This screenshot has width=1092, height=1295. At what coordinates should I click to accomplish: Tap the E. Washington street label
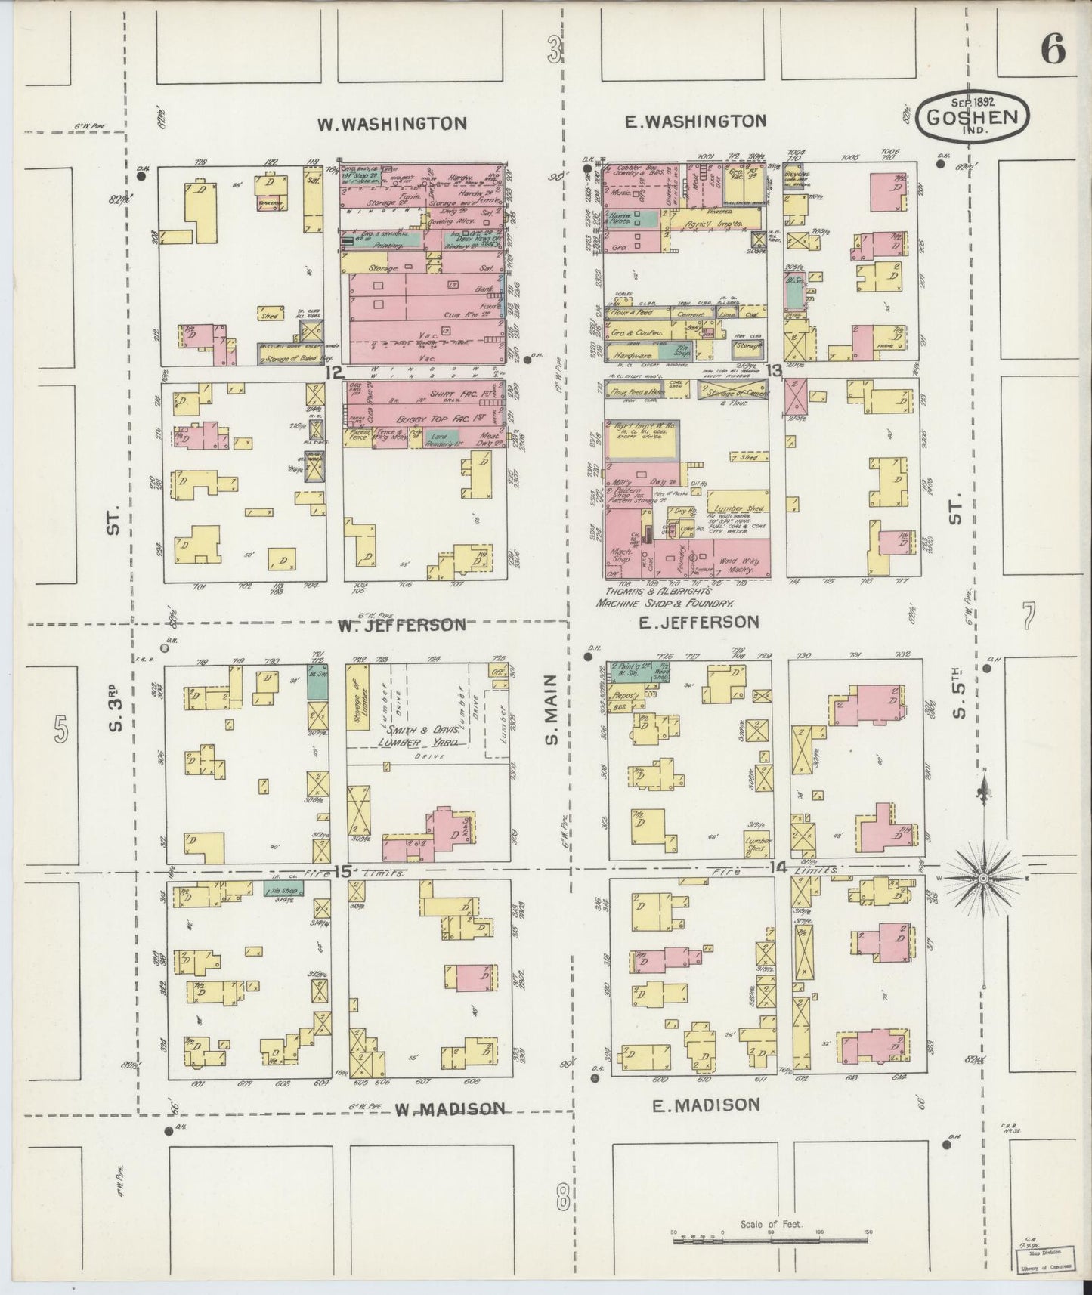(697, 121)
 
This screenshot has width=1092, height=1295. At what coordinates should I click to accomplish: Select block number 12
(334, 372)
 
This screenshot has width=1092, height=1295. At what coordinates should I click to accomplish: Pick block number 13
(772, 370)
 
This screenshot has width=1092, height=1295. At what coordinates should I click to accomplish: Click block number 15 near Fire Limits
(342, 872)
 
